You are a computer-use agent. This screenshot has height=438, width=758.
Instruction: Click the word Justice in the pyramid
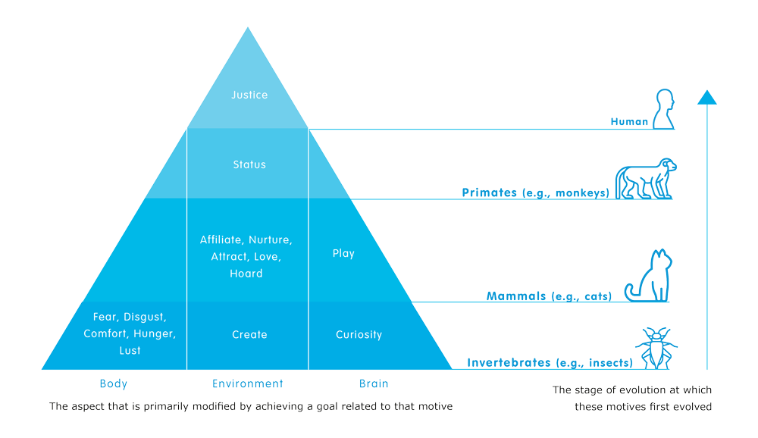coord(249,95)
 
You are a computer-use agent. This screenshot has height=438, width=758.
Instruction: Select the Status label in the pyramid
coord(249,164)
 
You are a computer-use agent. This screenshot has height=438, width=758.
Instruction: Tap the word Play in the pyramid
coord(343,253)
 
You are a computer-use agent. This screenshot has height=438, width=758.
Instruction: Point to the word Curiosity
coord(359,334)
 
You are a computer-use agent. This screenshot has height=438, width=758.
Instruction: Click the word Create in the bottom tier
coord(249,334)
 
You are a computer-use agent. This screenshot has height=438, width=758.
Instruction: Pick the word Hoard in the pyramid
coord(246,274)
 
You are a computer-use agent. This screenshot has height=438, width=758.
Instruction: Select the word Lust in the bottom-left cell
coord(130,351)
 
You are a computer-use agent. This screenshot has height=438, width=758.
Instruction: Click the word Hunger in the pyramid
coord(155,334)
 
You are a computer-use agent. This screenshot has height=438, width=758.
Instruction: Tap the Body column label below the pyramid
coord(114,384)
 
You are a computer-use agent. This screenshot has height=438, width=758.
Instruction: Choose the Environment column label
coord(247,384)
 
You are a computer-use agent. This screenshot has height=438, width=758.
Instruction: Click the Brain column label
coord(374,384)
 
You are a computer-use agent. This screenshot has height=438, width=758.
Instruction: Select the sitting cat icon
coord(647,277)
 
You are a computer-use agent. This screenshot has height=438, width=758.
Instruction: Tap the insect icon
coord(656,348)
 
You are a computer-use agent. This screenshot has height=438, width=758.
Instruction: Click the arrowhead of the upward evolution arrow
coord(706,97)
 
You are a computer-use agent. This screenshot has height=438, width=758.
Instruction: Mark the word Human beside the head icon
coord(629,121)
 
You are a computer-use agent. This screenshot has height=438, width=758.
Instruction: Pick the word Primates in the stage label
coord(489,193)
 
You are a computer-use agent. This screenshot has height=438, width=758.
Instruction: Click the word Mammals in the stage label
coord(515,296)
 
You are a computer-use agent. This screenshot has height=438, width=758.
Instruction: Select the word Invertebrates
coord(509,363)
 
